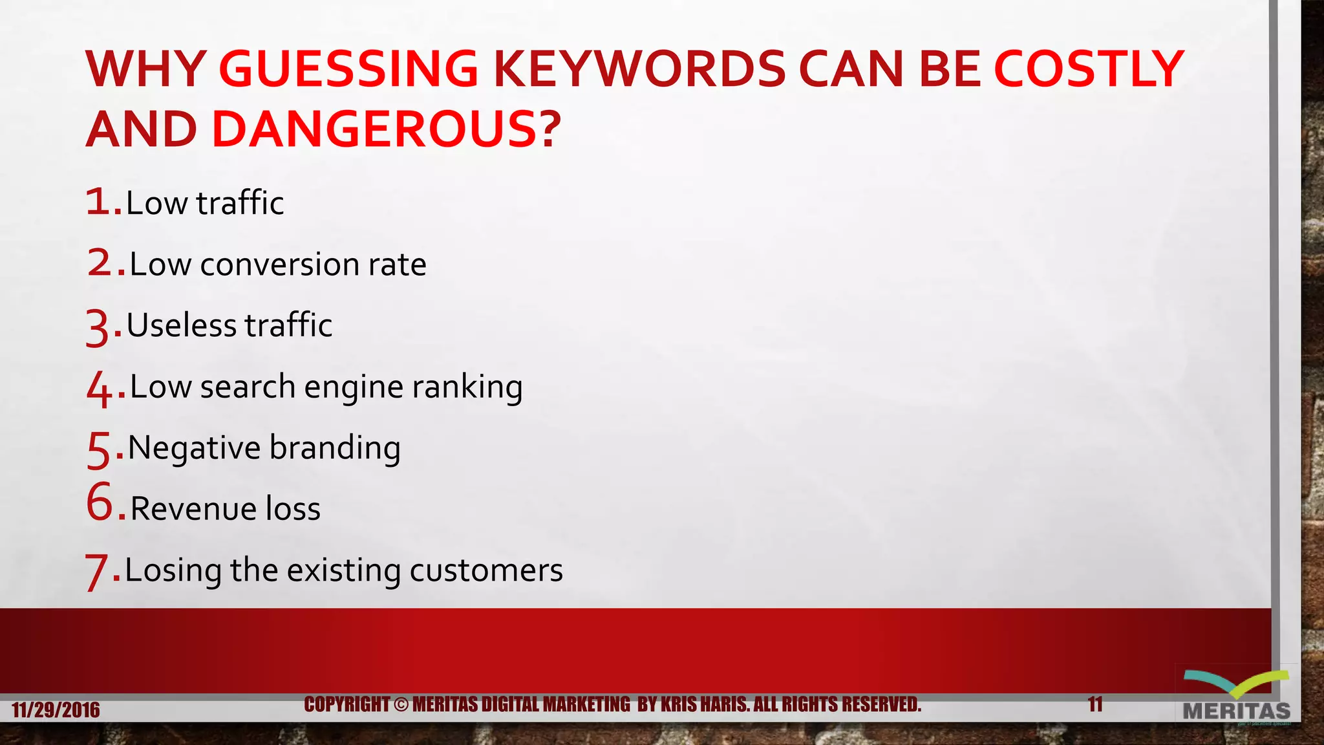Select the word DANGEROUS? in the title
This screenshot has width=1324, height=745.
(386, 129)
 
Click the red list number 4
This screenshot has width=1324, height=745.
(100, 388)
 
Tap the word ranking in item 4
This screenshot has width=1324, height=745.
(467, 387)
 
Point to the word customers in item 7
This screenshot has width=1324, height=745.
(486, 570)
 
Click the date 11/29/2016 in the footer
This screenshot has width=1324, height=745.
(56, 710)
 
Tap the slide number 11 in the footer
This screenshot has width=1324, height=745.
(1095, 704)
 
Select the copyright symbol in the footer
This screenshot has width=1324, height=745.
(401, 704)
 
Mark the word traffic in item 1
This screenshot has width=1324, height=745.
(240, 203)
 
